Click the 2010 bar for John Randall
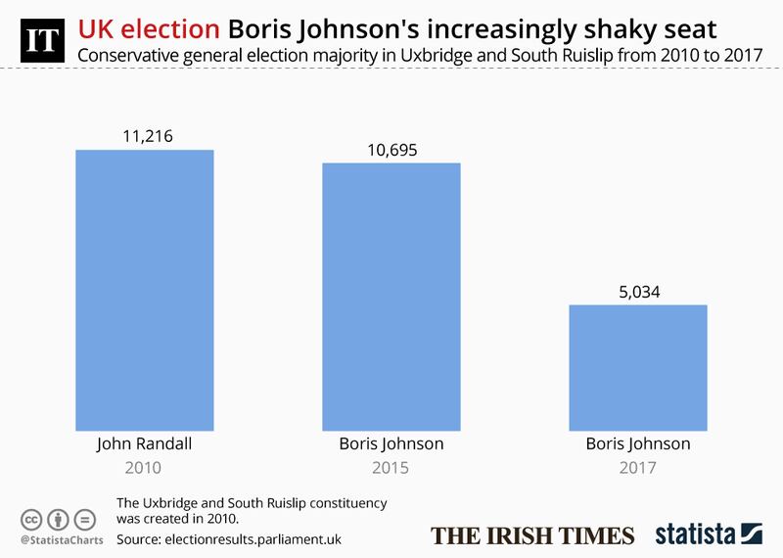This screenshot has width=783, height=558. pos(145,288)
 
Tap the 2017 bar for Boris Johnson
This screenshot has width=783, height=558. pos(638,366)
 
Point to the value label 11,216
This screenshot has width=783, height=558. pos(145,136)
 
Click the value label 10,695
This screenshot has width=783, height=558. pos(391,149)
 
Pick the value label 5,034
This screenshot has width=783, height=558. pos(638,291)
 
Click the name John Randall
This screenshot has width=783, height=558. pos(145,443)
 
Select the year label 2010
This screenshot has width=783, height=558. pos(145,468)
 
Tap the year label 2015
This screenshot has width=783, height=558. pos(391,468)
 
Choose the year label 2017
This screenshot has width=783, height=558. pos(638,468)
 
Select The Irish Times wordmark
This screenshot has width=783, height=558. pos(533,535)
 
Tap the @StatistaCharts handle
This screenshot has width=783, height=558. pos(55,539)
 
